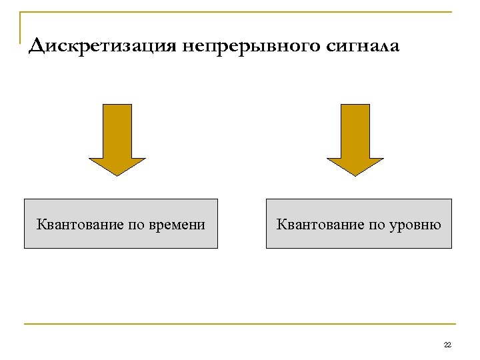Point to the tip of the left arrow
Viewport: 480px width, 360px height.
pyautogui.click(x=117, y=175)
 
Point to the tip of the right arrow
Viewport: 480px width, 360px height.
pyautogui.click(x=355, y=175)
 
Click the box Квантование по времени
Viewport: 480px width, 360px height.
pyautogui.click(x=121, y=223)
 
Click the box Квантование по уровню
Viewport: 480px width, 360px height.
pyautogui.click(x=359, y=223)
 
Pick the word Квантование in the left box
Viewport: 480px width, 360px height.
pyautogui.click(x=79, y=224)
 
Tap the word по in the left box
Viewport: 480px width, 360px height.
pyautogui.click(x=137, y=224)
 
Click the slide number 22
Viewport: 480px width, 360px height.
pyautogui.click(x=447, y=345)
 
